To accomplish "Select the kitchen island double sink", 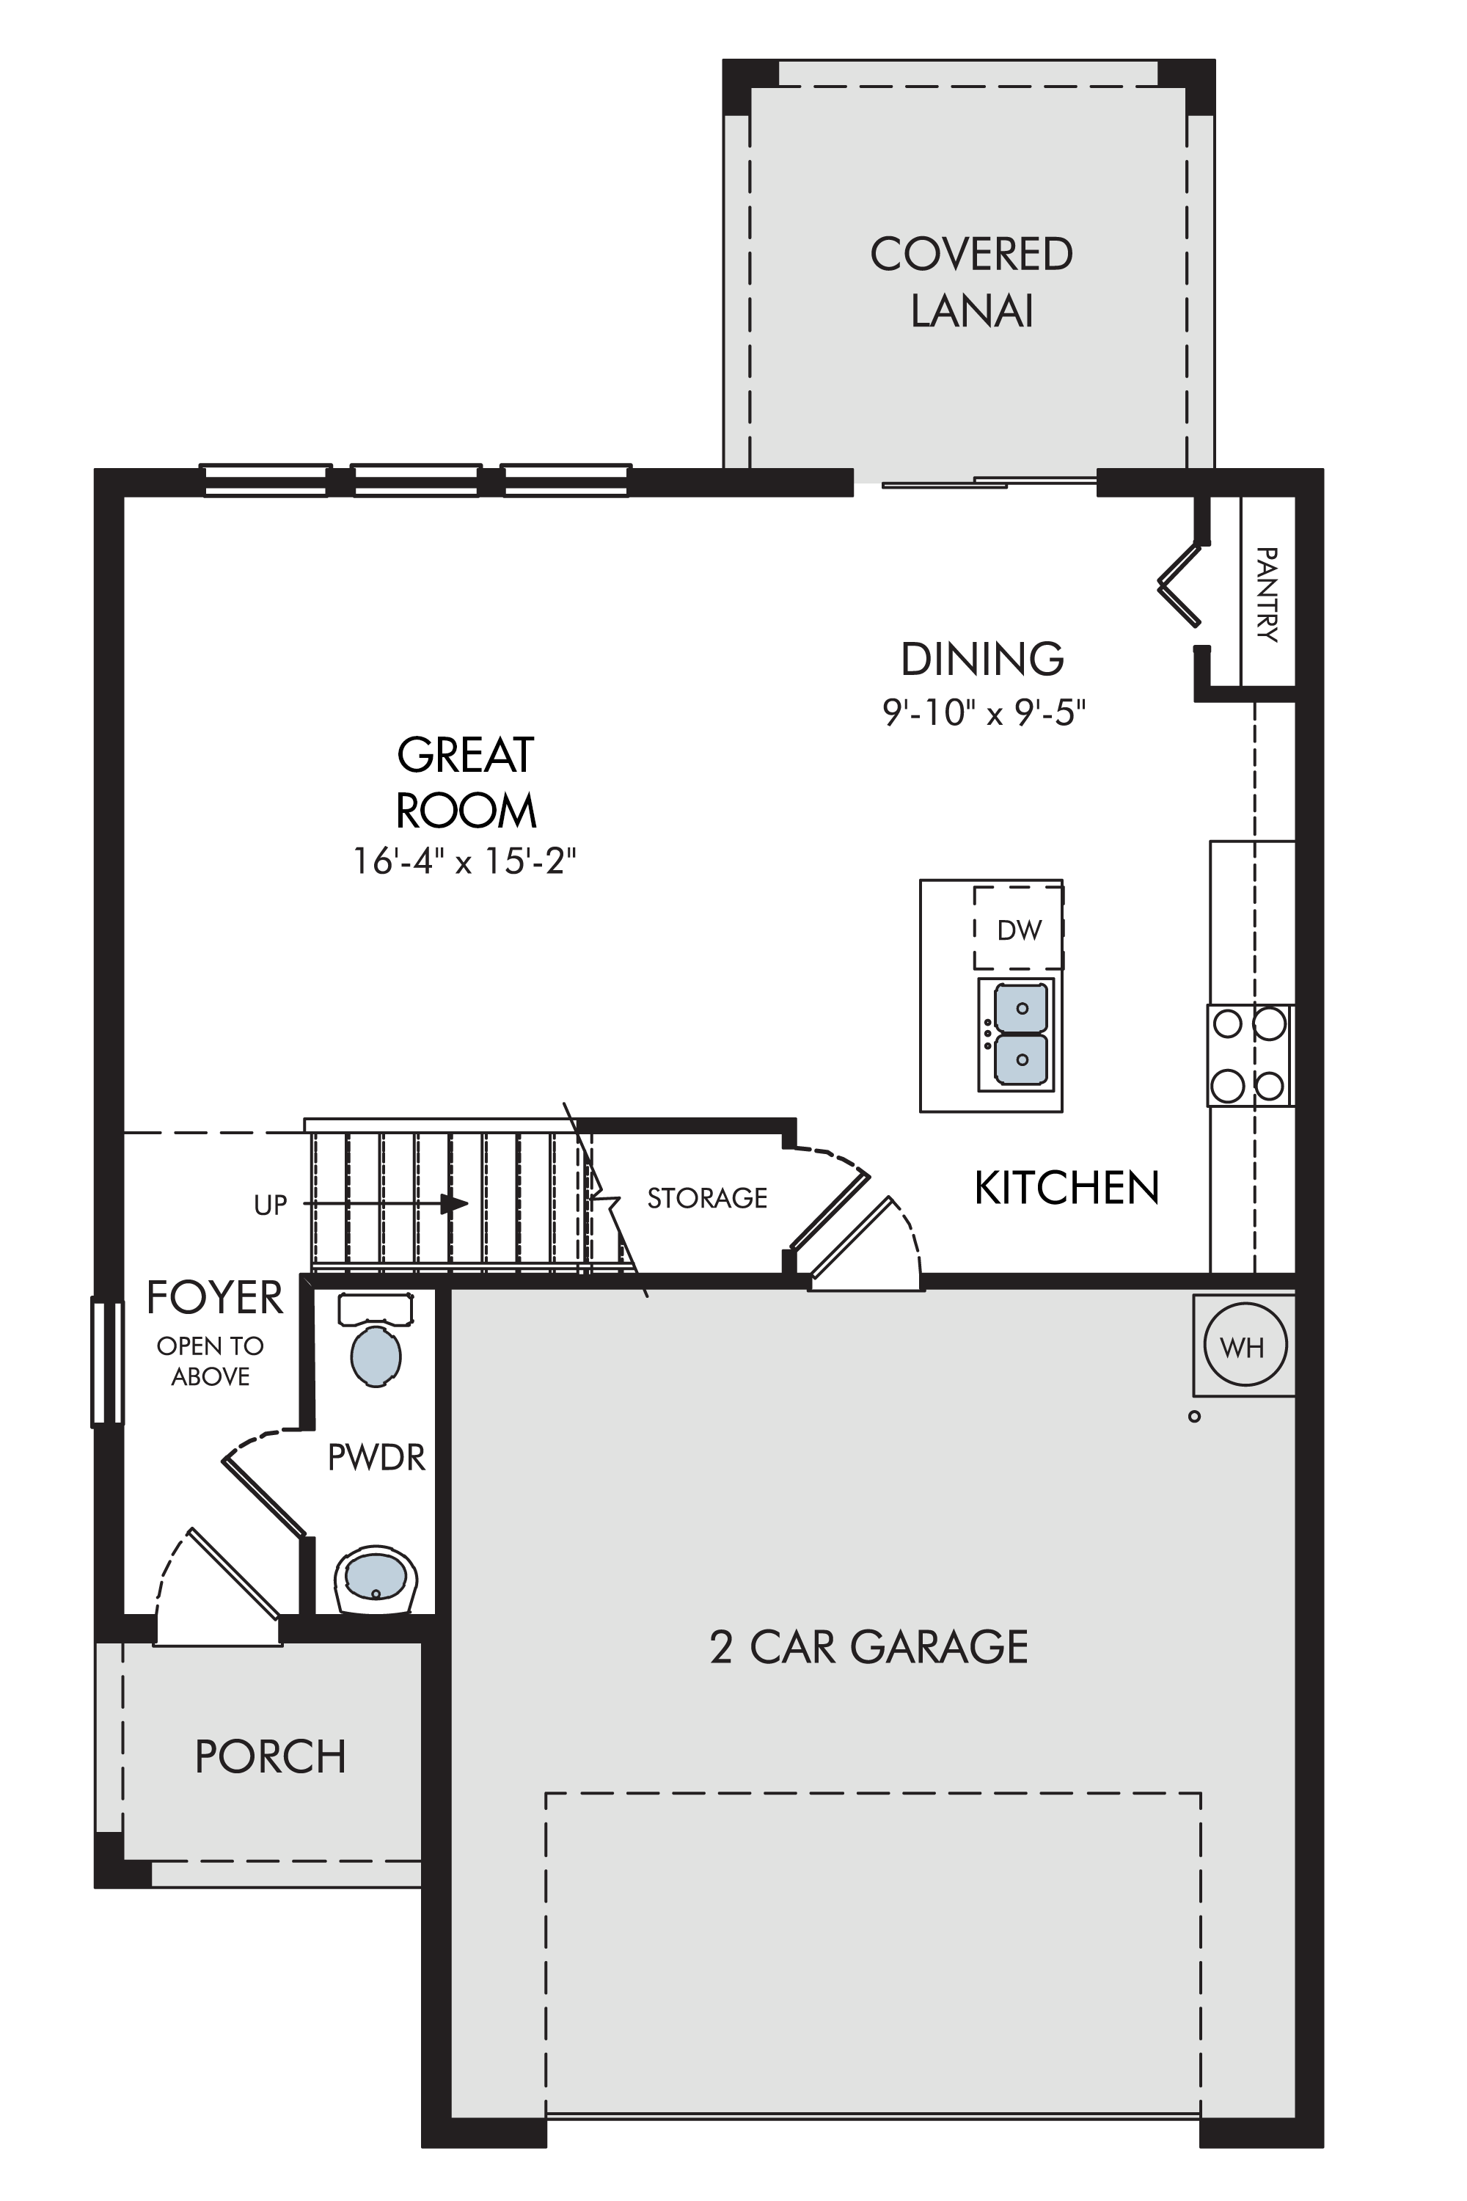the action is click(x=1016, y=1035).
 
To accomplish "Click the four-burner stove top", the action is click(x=1250, y=1056).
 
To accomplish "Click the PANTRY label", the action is click(x=1267, y=594).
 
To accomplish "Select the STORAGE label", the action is click(x=707, y=1198).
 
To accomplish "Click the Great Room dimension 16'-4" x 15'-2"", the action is click(x=464, y=861).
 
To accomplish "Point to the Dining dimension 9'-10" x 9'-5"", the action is click(x=984, y=713).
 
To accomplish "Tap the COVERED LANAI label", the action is click(x=972, y=282).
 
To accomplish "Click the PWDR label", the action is click(x=376, y=1457).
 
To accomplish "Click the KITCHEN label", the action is click(x=1067, y=1188).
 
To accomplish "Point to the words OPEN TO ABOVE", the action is click(x=211, y=1361).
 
